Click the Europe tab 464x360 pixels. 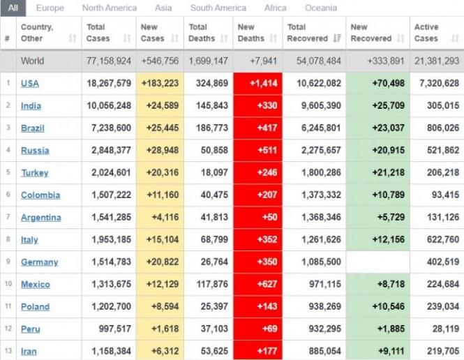pos(50,8)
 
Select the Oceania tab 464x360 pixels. pos(320,8)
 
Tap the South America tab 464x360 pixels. pos(218,8)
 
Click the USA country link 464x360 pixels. pos(30,84)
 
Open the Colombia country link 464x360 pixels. pos(40,195)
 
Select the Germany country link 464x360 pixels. pos(39,262)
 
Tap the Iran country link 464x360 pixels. pos(29,352)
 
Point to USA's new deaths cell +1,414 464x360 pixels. pos(258,84)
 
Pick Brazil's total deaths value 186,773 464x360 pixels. pos(208,128)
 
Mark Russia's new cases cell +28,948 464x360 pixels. pos(160,151)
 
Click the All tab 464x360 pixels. pos(14,8)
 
